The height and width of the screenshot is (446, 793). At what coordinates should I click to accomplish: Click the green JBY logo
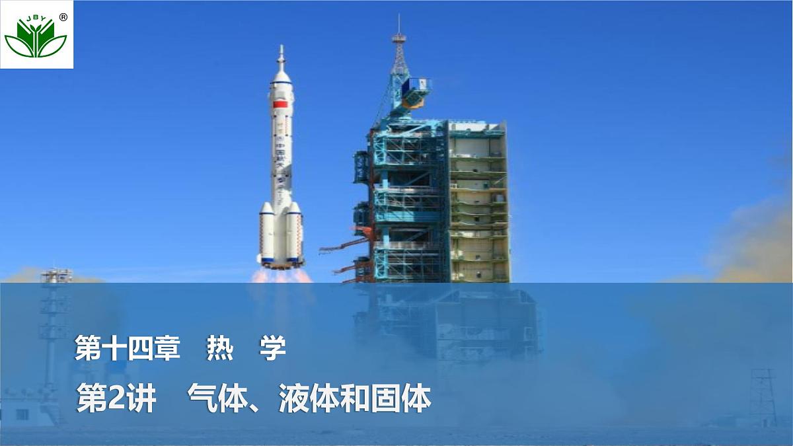coord(36,37)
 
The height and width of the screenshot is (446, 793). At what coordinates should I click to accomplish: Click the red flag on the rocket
coord(281,104)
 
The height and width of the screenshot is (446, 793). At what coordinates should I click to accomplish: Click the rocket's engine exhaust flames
coord(282,274)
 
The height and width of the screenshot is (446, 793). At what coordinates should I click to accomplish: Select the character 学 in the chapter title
coord(272,348)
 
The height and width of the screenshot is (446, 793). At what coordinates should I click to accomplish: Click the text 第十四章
coord(127,348)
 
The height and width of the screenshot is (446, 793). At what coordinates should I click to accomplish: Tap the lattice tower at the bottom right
coord(763,397)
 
